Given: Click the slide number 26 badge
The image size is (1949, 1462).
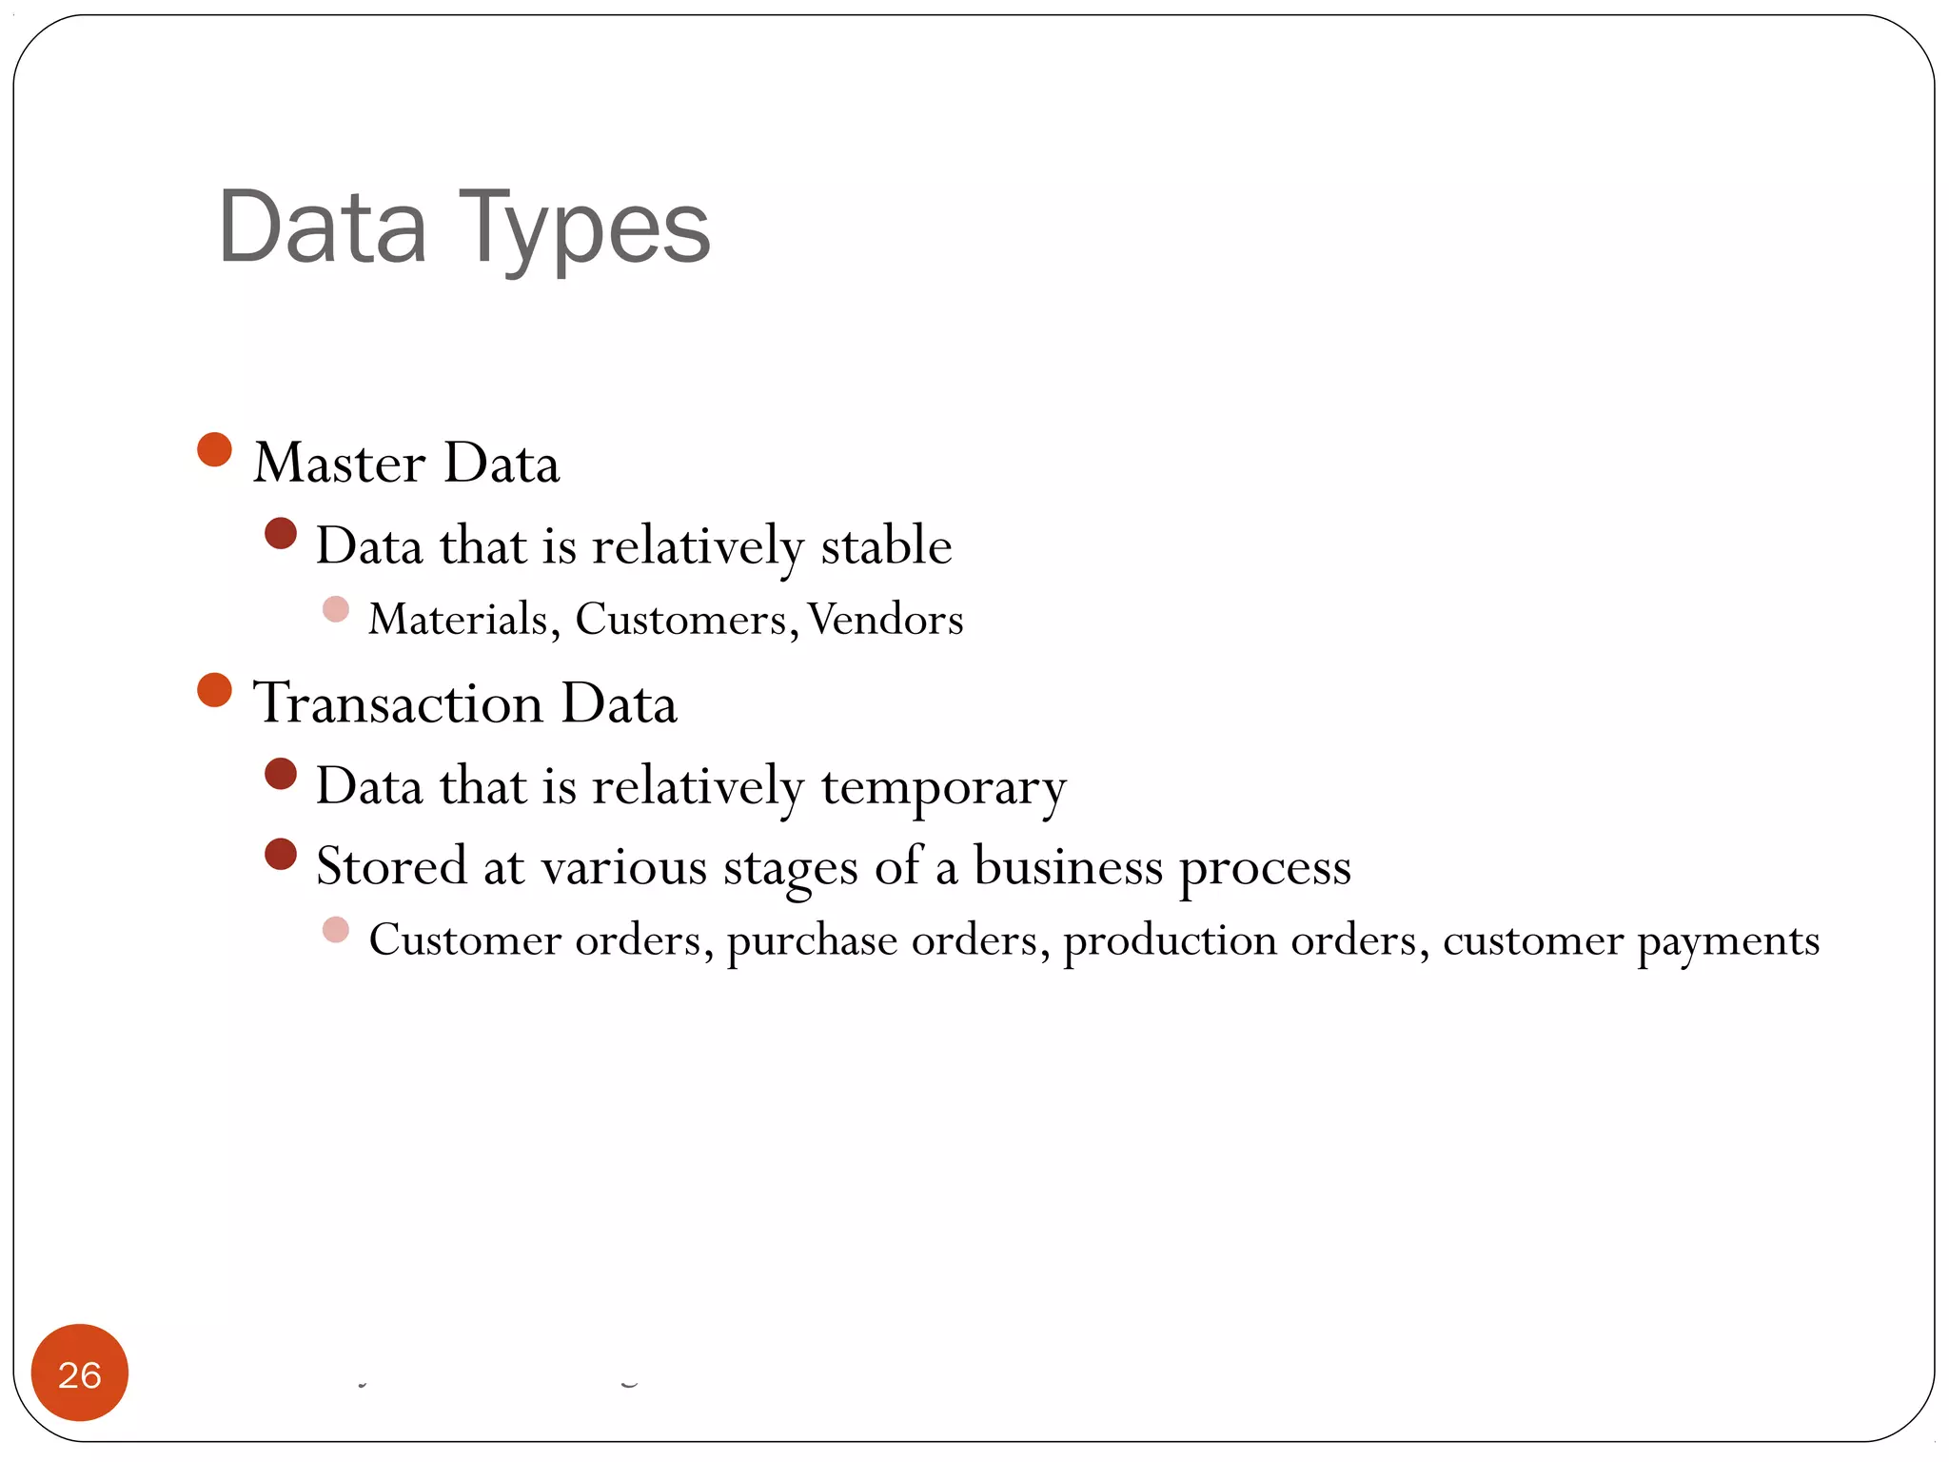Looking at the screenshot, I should (x=80, y=1373).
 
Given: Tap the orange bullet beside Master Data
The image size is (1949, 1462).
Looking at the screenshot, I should (x=215, y=450).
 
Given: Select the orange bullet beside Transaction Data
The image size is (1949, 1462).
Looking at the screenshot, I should (x=215, y=690).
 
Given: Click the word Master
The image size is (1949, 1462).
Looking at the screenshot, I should (x=339, y=464).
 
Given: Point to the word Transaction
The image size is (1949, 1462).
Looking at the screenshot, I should (x=398, y=703).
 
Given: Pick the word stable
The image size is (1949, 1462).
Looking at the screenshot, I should (x=886, y=545).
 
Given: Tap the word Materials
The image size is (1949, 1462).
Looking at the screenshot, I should (x=459, y=619).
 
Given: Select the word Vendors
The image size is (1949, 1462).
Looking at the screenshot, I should (x=886, y=619).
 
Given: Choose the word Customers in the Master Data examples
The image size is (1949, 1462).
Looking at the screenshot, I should (x=681, y=619).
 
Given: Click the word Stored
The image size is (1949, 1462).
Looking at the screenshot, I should (x=391, y=866).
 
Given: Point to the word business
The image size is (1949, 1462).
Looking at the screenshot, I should (x=1068, y=866).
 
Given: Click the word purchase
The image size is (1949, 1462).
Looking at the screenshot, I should (x=812, y=940).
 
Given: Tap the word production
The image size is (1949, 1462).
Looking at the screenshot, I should (x=1169, y=940).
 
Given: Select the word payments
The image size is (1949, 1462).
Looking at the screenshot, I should (x=1728, y=940).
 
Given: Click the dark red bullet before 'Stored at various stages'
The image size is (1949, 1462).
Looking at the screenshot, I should (x=281, y=854).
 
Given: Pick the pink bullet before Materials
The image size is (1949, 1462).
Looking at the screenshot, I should (x=336, y=609).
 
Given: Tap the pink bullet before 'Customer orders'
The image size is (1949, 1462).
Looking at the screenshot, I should (x=336, y=930).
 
